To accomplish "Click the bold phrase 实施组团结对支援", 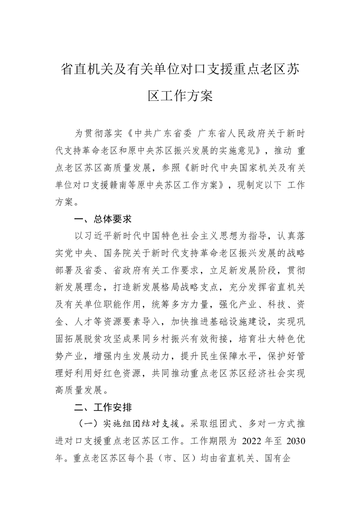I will [142, 424].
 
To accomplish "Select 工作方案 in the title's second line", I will [190, 96].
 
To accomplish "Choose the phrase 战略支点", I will [211, 287].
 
